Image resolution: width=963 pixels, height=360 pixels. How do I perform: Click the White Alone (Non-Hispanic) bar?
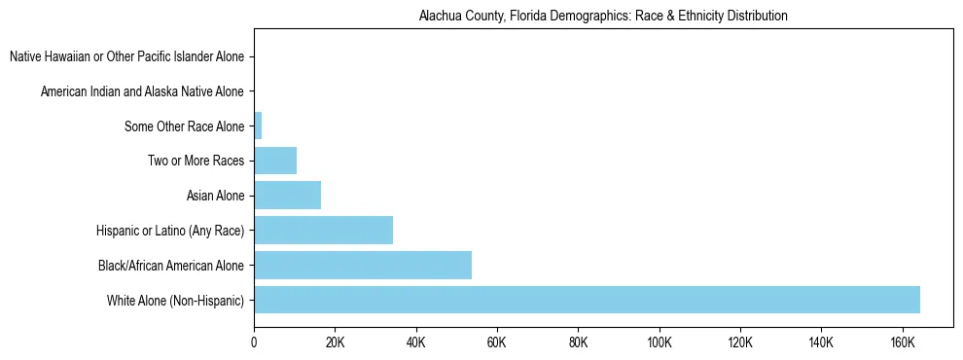pos(587,300)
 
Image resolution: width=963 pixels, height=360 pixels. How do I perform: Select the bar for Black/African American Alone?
pos(363,265)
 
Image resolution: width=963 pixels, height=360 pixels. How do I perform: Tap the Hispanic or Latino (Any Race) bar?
pos(323,231)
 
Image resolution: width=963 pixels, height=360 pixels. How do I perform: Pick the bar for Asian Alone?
pos(287,196)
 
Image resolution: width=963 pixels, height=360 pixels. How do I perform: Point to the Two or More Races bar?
pos(275,161)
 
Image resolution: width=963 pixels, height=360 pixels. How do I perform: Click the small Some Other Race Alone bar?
pos(258,126)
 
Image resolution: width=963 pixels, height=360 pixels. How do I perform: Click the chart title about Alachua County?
pos(602,17)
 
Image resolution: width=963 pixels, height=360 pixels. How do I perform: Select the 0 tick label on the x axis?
pos(254,342)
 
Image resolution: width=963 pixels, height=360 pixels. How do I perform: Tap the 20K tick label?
pos(335,342)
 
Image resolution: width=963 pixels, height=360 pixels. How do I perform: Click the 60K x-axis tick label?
pos(497,342)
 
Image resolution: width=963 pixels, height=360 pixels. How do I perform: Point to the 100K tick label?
pos(660,342)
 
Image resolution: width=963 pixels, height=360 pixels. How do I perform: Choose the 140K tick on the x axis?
pos(821,342)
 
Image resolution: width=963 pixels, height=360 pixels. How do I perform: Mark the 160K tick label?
pos(902,342)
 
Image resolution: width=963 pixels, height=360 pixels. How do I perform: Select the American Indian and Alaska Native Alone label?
pos(142,91)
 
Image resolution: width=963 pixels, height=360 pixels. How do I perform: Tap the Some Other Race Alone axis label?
pos(185,126)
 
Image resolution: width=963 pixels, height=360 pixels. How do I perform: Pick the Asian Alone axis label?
pos(215,196)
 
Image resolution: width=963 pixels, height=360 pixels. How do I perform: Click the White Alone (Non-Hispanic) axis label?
pos(176,300)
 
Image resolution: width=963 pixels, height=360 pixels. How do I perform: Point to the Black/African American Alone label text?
pos(171,265)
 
